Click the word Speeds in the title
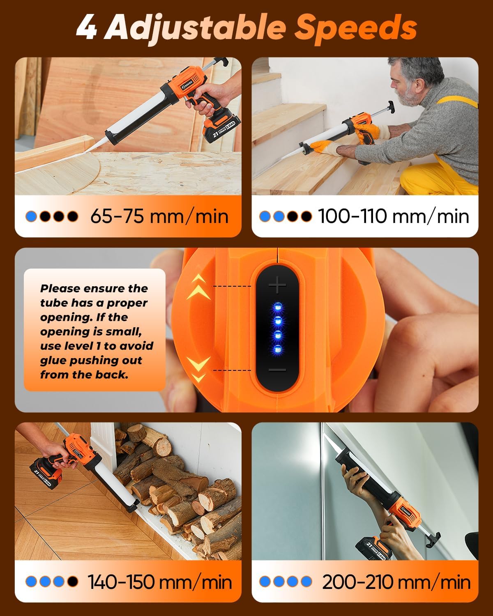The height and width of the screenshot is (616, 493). tap(356, 28)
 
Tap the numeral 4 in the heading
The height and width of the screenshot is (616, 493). tap(86, 28)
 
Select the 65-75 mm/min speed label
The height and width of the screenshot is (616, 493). tap(159, 216)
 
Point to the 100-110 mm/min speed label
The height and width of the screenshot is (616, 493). tap(393, 216)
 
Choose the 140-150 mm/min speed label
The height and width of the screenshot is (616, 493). tap(159, 582)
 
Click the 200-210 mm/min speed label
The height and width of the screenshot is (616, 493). tap(396, 582)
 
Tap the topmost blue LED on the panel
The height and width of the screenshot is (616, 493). tap(277, 306)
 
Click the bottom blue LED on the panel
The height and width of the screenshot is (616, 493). tap(277, 349)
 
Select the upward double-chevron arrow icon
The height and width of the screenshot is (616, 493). tap(198, 287)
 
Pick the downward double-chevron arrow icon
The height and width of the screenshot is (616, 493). tap(198, 368)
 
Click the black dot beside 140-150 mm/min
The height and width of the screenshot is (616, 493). tap(73, 582)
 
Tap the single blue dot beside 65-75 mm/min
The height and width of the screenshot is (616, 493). tap(31, 216)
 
